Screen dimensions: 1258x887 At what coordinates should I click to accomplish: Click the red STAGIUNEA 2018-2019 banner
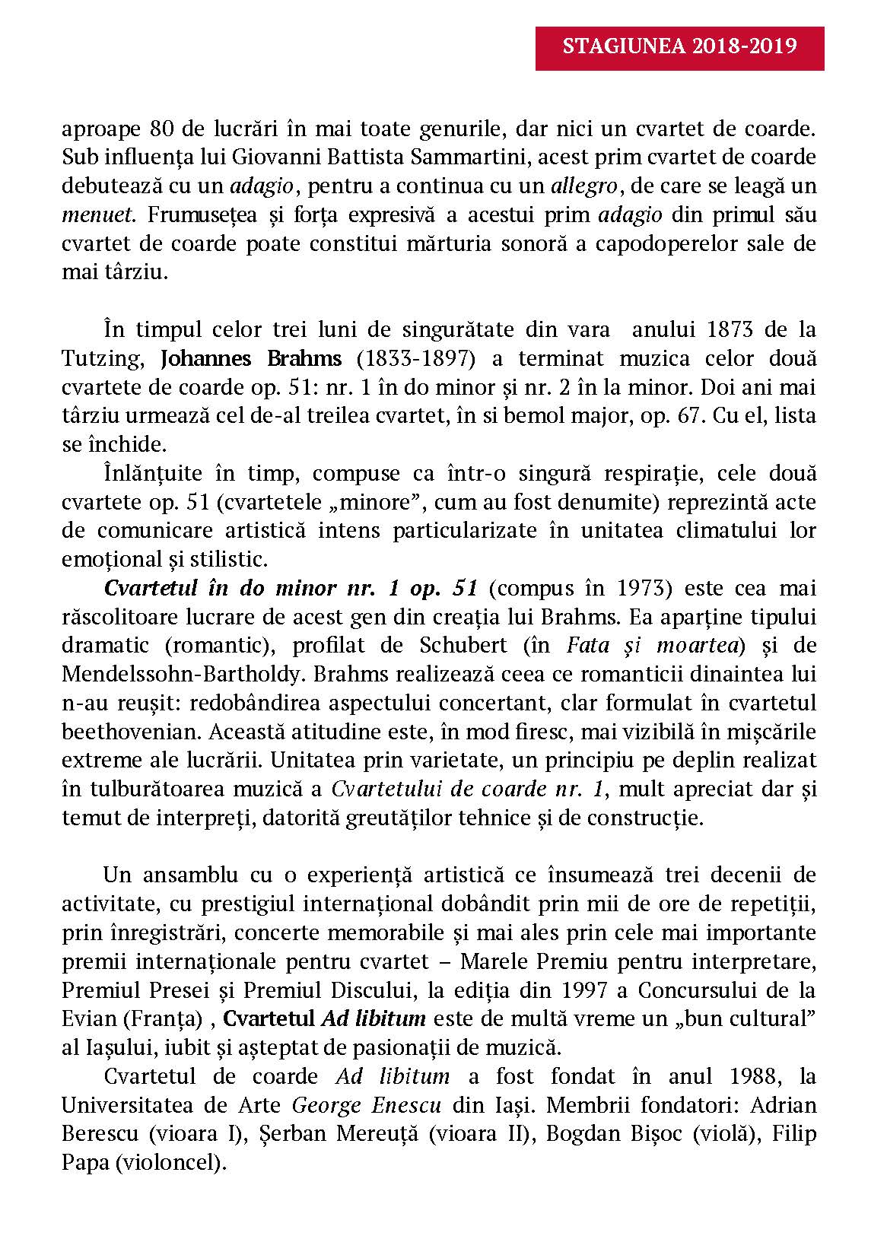tap(679, 46)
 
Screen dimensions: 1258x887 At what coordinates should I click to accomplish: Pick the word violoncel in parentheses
tap(168, 1163)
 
